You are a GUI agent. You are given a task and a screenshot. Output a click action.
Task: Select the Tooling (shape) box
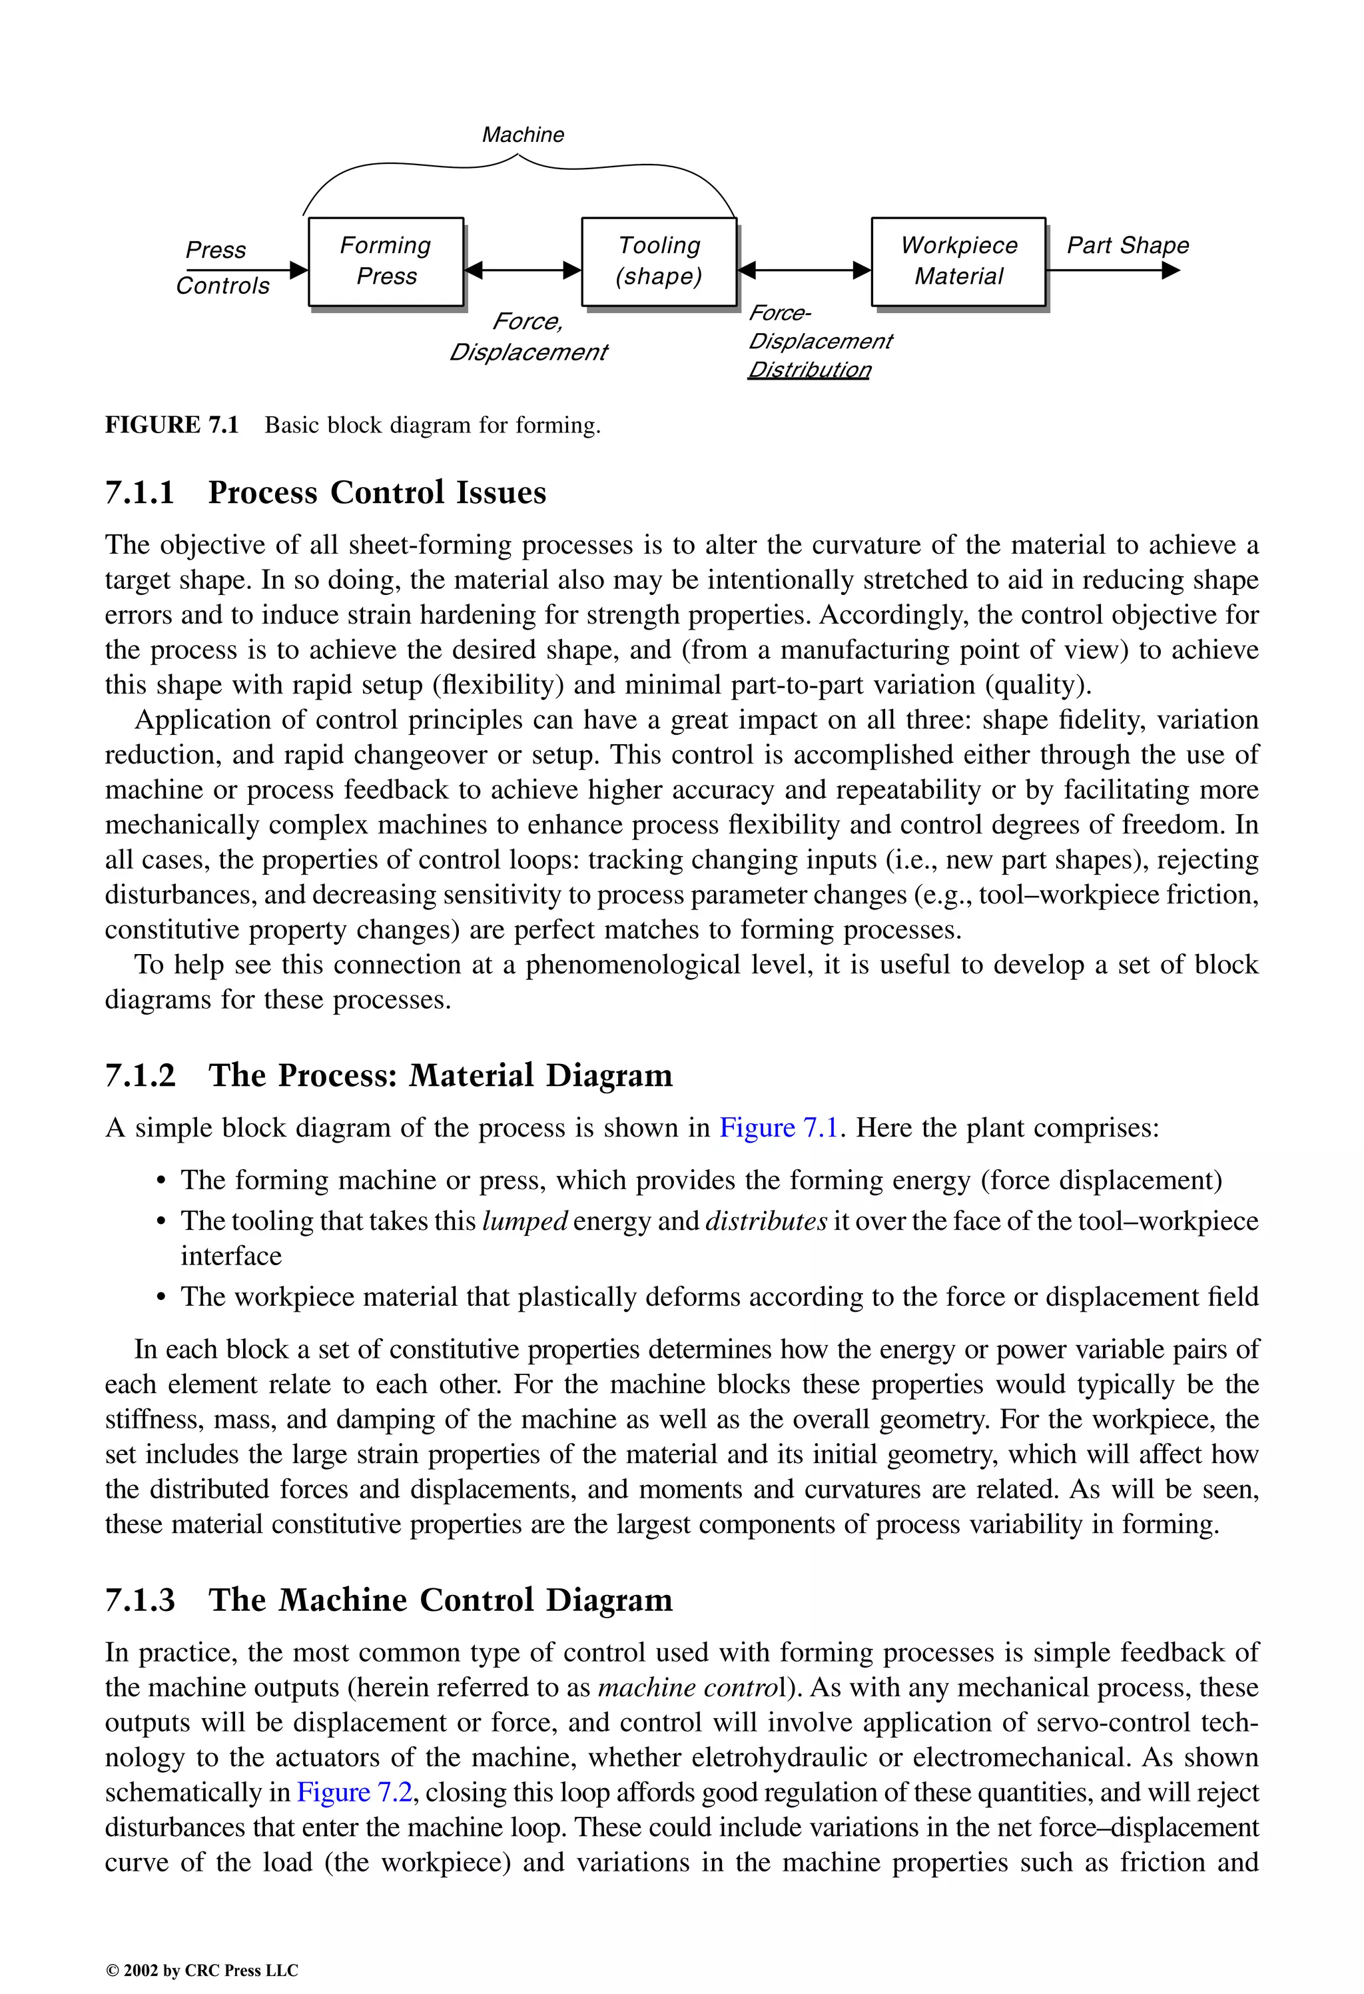[x=659, y=261]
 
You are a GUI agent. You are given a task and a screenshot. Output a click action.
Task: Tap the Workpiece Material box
[x=958, y=261]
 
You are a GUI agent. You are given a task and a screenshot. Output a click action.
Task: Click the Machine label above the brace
[x=522, y=135]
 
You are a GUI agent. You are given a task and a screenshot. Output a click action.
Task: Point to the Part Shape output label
[x=1127, y=245]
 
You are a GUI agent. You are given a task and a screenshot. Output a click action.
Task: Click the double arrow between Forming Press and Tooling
[x=522, y=270]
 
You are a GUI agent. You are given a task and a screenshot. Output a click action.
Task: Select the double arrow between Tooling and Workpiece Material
[x=805, y=270]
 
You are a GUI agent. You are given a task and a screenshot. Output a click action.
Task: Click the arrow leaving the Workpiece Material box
[x=1113, y=271]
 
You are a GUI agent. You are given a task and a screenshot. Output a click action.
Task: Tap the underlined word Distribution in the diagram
[x=809, y=370]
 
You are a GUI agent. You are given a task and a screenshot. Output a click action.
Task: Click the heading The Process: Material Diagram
[x=440, y=1076]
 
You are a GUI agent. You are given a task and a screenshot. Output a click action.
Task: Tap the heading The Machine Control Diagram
[x=440, y=1600]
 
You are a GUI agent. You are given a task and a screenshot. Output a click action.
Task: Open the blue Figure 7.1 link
[x=777, y=1127]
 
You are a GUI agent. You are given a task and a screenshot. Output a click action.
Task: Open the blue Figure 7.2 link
[x=354, y=1792]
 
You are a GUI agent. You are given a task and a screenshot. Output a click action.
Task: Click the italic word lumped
[x=525, y=1221]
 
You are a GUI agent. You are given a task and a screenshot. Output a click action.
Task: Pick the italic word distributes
[x=765, y=1221]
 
